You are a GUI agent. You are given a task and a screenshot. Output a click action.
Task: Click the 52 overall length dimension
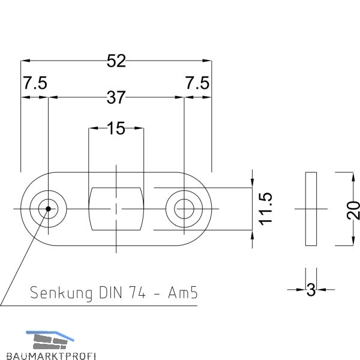click(x=116, y=61)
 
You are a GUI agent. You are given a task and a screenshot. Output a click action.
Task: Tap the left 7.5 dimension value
click(x=35, y=83)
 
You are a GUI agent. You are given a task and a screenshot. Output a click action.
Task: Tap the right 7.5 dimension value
click(x=197, y=83)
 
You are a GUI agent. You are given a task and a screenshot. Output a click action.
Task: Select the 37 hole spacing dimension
click(x=116, y=97)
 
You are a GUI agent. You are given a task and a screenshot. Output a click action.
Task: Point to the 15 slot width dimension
click(x=116, y=128)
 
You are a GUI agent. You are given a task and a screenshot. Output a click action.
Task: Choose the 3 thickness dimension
click(x=311, y=290)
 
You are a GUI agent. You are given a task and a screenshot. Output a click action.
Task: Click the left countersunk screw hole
click(x=46, y=209)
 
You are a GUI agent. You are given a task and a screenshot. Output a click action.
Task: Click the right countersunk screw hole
click(x=184, y=209)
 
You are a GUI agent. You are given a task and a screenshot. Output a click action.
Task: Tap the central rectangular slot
click(x=116, y=209)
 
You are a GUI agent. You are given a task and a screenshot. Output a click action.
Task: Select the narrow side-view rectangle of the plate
click(x=311, y=209)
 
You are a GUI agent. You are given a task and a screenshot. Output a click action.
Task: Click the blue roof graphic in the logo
click(x=47, y=334)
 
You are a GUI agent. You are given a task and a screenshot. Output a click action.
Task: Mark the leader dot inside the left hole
click(x=46, y=209)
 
